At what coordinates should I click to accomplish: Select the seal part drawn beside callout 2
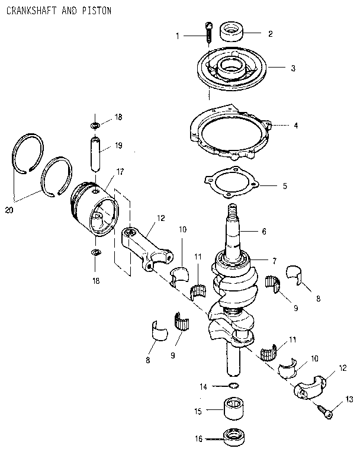point(232,31)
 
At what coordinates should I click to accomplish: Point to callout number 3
point(292,68)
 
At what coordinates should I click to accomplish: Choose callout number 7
point(274,261)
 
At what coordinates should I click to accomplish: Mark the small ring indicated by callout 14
point(234,387)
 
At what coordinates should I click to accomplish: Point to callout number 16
point(198,439)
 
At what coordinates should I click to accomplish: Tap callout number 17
point(120,172)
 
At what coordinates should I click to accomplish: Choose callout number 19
point(118,145)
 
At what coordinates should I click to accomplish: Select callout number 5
point(284,186)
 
